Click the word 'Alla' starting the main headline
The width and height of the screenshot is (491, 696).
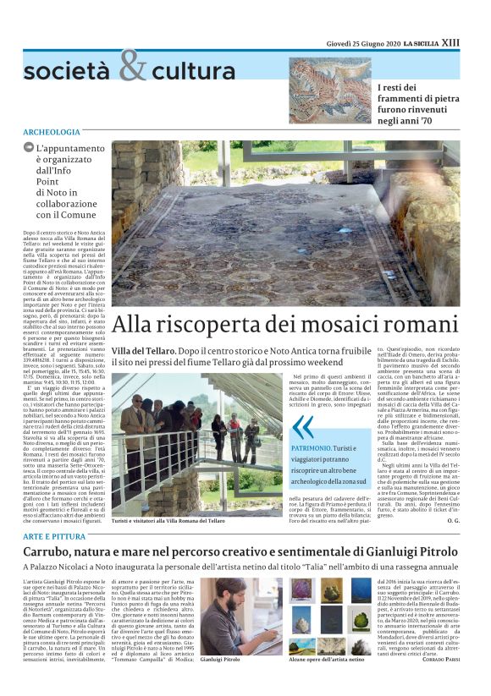(x=134, y=323)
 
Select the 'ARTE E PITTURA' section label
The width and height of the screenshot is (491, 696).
(x=55, y=537)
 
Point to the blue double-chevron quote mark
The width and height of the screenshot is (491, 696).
(x=303, y=425)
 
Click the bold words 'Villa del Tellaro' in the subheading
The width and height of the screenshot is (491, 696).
(x=143, y=350)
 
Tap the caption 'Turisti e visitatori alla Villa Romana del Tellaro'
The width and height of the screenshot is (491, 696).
(x=168, y=521)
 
